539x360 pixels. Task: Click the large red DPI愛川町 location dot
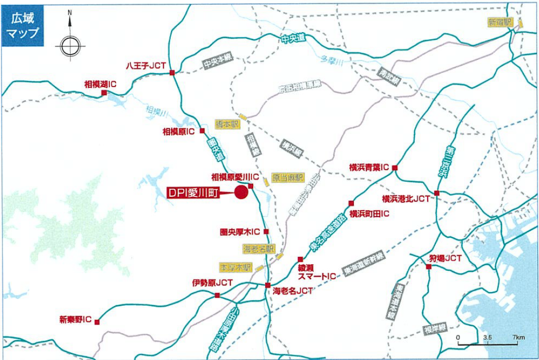click(x=242, y=192)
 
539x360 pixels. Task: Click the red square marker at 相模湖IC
click(x=104, y=93)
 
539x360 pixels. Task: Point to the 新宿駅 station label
click(x=499, y=22)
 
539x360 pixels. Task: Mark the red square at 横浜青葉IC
click(x=395, y=168)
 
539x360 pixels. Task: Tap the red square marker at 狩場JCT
click(x=428, y=266)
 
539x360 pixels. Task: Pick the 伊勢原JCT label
click(x=212, y=283)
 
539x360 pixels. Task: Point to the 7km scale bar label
click(x=518, y=337)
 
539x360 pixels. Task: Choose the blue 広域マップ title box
click(x=22, y=26)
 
